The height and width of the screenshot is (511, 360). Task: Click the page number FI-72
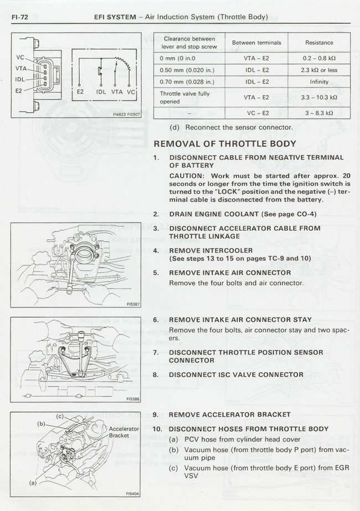19,17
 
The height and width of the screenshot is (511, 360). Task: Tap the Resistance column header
319,43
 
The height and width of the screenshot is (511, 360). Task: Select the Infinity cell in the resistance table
319,82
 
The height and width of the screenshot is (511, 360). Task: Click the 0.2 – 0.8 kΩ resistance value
319,58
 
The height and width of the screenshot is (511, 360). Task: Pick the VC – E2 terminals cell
256,112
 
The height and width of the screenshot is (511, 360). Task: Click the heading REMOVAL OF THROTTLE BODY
225,144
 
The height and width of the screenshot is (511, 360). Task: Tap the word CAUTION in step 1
187,176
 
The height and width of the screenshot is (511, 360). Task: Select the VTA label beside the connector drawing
20,68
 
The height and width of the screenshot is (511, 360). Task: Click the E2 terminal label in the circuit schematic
80,92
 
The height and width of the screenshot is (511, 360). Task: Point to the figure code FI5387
132,304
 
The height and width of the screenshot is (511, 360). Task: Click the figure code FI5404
132,493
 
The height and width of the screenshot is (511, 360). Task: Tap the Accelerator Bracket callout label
124,432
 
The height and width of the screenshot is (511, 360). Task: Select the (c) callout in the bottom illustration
60,416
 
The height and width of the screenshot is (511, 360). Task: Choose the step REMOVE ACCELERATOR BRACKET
229,415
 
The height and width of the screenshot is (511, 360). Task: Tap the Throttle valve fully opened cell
184,97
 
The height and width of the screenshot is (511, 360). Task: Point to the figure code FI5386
132,399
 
